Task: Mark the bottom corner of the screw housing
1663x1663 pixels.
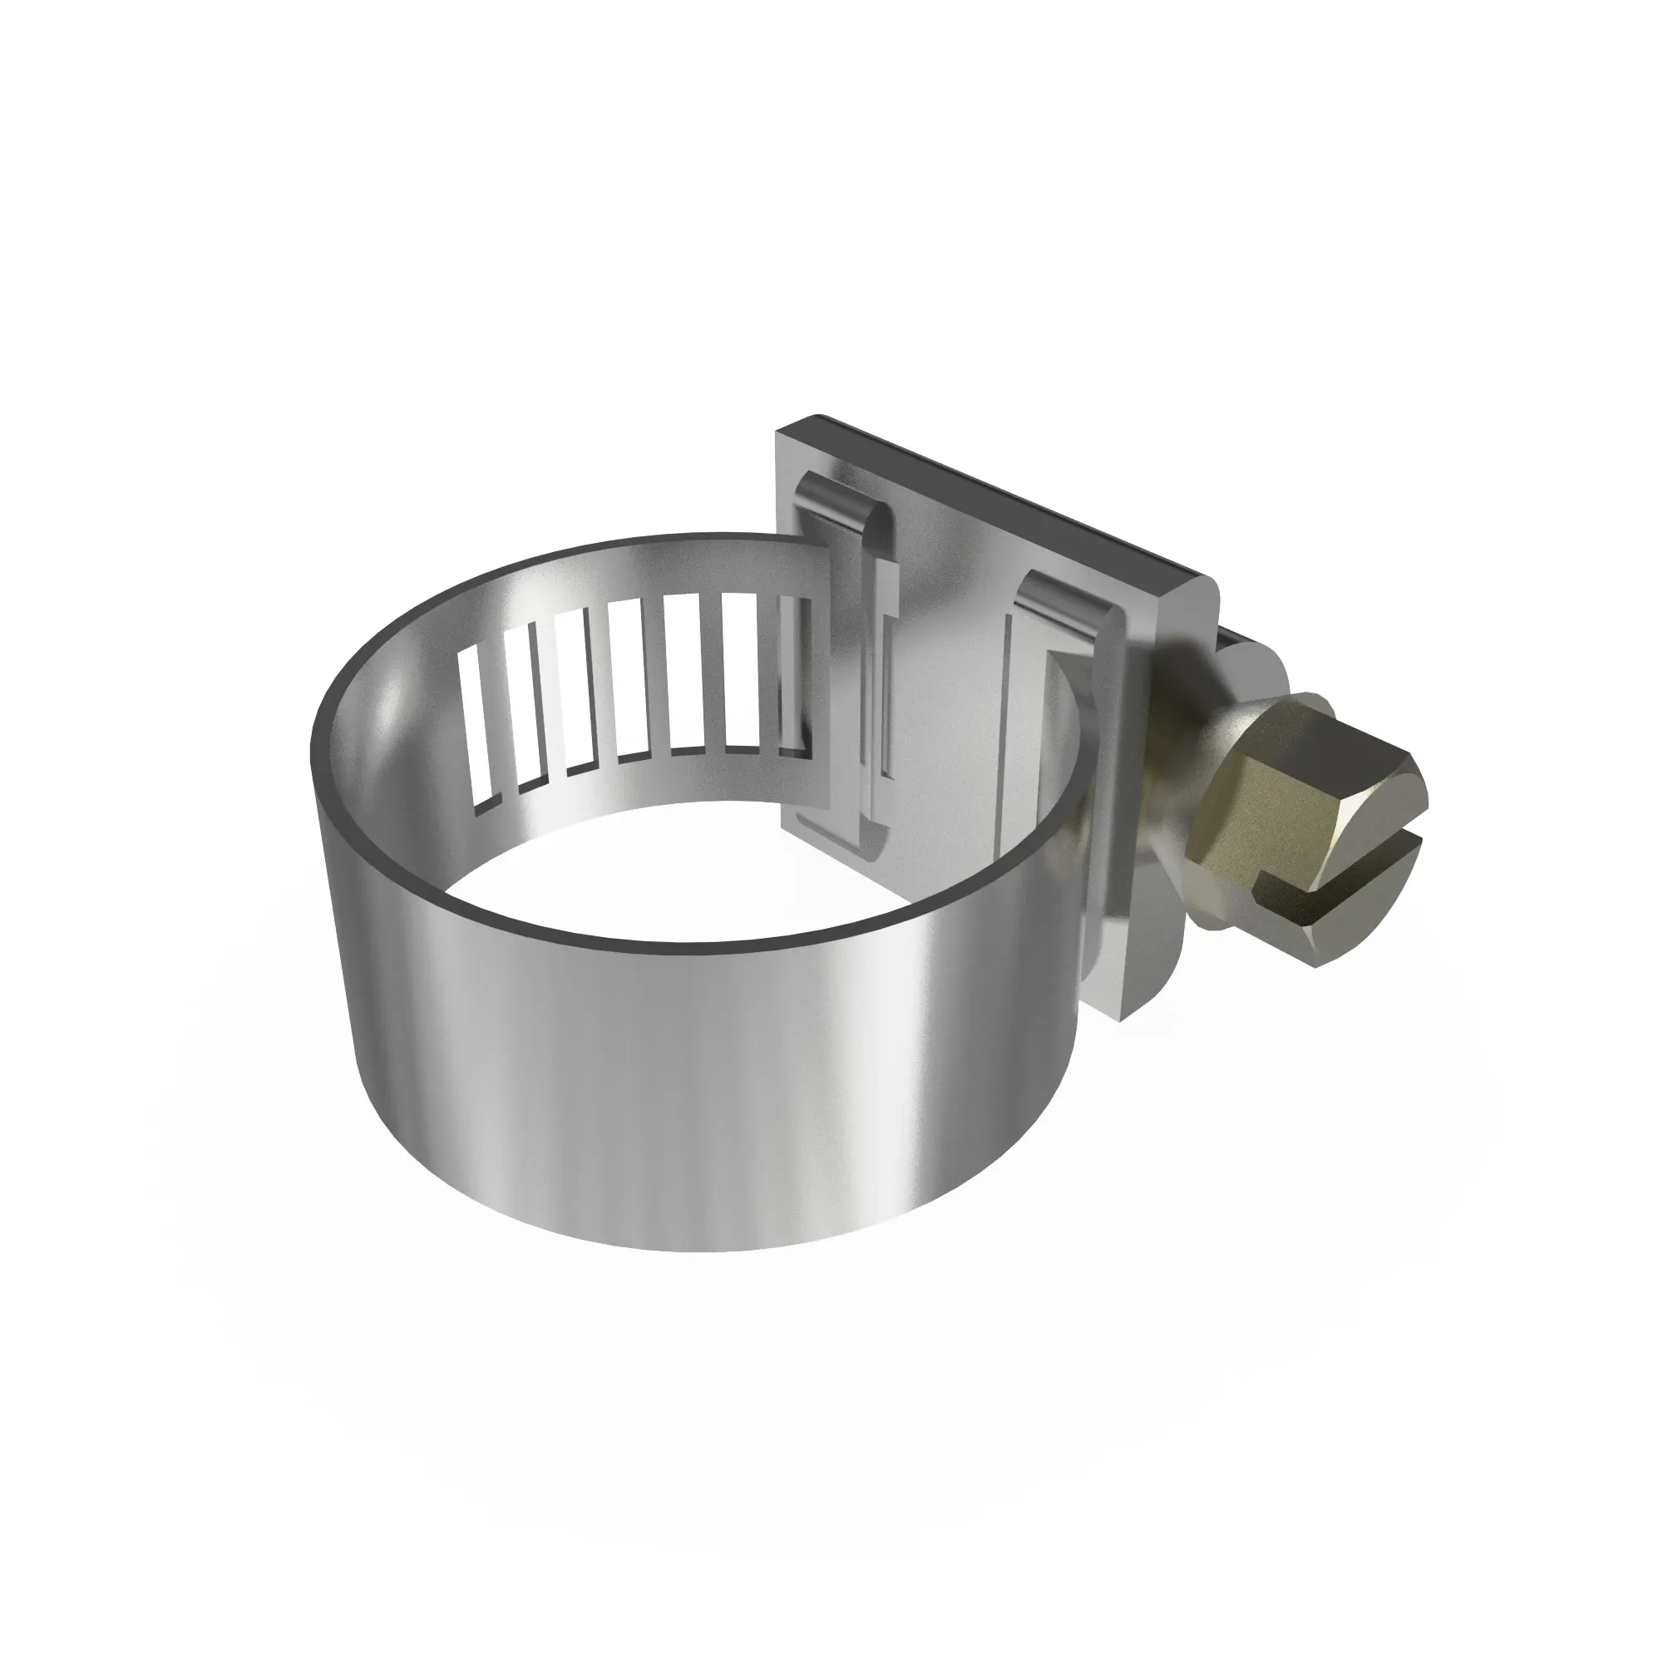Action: coord(1119,1024)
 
